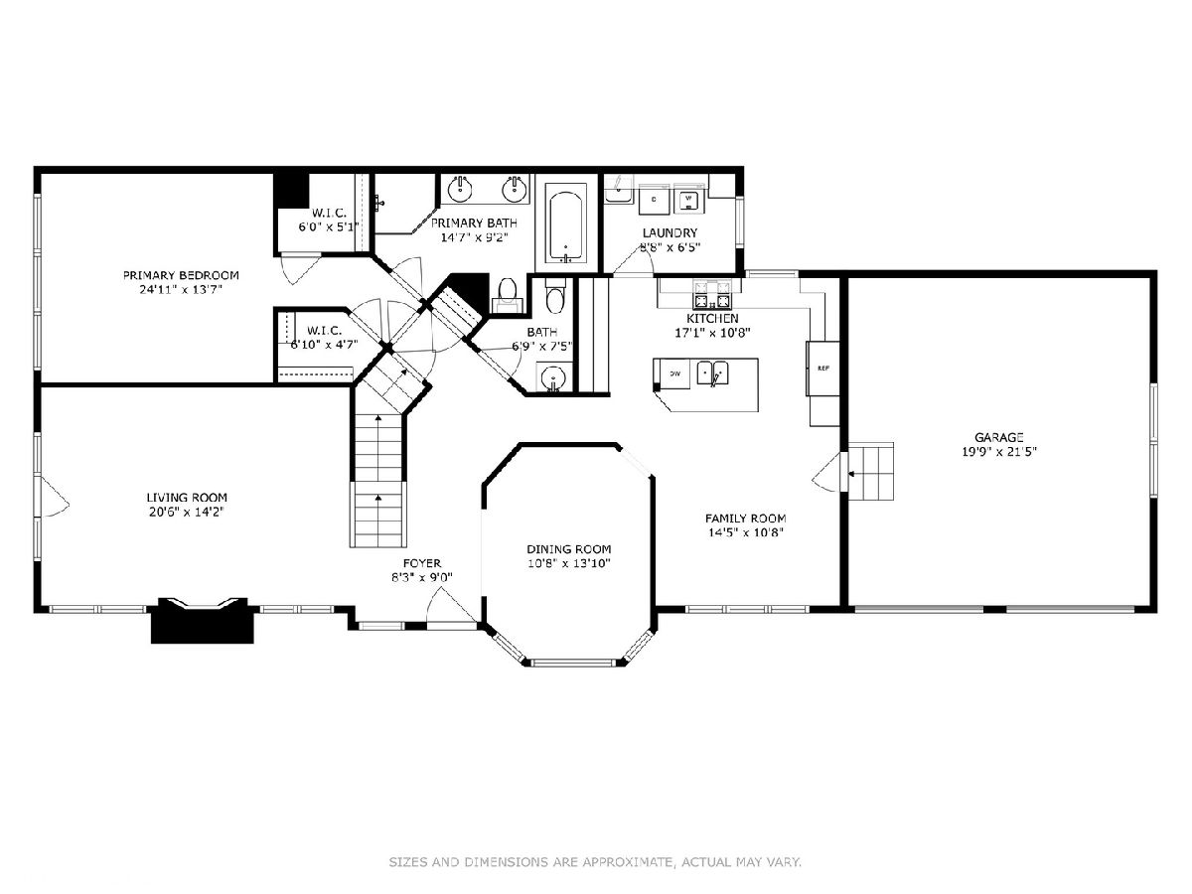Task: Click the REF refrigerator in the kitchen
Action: click(822, 368)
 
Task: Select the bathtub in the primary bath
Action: click(565, 225)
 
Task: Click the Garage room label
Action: click(998, 437)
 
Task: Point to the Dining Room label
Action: click(568, 548)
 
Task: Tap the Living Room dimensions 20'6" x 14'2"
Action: click(187, 512)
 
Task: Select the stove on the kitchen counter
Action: click(711, 294)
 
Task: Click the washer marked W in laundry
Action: click(689, 200)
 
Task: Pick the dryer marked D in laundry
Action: click(654, 200)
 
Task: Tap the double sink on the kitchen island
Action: click(713, 372)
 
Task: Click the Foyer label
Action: click(422, 563)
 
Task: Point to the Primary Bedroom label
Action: click(181, 275)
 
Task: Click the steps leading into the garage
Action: click(871, 471)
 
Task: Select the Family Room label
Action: click(746, 519)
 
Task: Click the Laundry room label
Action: click(670, 232)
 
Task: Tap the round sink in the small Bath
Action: click(553, 376)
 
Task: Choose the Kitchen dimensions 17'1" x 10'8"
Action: click(712, 332)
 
